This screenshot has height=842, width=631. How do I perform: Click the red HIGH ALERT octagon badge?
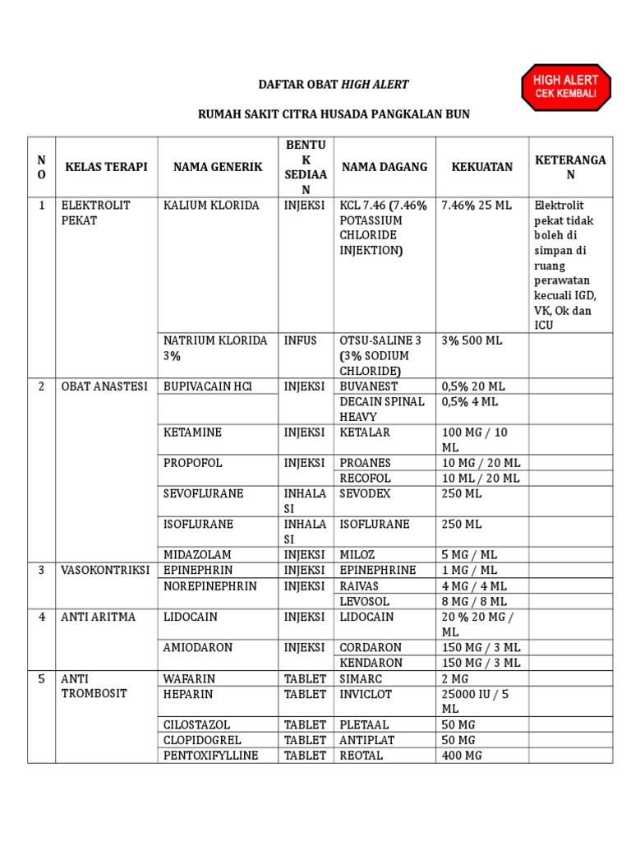[566, 88]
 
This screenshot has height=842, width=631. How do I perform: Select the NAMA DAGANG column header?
[385, 167]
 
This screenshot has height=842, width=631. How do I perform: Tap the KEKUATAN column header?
[482, 167]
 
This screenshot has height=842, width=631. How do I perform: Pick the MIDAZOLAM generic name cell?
[197, 555]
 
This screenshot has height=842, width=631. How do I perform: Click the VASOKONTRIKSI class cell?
[105, 571]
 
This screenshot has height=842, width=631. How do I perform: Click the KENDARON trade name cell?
[371, 663]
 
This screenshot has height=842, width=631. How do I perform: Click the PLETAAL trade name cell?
[367, 725]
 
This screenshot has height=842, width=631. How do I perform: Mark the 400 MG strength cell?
[463, 756]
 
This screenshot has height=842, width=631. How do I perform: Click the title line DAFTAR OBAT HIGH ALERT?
[334, 85]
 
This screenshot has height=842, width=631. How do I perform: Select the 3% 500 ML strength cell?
[472, 340]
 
